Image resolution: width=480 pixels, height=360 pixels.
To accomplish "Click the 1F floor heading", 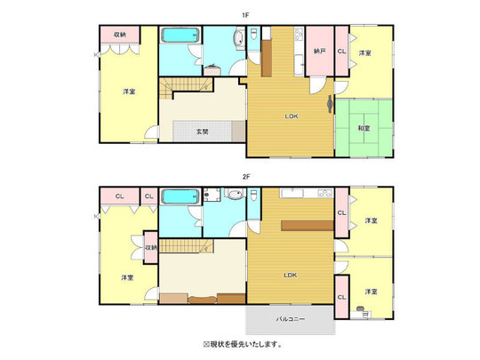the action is [245, 15].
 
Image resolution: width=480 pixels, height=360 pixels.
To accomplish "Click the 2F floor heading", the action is [246, 177].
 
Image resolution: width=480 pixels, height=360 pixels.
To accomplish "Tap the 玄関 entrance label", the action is [202, 132].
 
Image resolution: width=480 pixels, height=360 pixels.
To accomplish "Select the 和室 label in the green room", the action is [364, 128].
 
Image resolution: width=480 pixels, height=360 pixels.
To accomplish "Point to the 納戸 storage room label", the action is [319, 52].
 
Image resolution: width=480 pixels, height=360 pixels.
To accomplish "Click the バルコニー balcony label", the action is [291, 319].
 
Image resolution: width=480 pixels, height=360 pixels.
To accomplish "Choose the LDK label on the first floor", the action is [292, 116].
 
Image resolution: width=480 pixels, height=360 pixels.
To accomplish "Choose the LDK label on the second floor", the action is [290, 275].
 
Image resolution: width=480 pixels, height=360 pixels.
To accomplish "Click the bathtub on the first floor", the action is [180, 36].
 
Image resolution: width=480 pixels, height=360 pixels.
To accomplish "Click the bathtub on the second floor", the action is [180, 196].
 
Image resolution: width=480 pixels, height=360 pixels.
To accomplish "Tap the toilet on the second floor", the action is [253, 196].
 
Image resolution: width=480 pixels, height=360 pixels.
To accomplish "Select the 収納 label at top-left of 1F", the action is [120, 35].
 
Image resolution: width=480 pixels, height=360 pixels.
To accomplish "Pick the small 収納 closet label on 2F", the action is [151, 247].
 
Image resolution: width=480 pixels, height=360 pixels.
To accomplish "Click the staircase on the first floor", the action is [186, 87].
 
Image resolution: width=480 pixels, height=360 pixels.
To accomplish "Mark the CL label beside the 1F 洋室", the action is [341, 52].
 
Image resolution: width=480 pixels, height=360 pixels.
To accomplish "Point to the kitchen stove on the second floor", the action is [324, 194].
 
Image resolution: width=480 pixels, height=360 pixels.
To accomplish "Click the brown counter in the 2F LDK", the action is [307, 225].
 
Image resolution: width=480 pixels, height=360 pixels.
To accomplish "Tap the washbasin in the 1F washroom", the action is [238, 39].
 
